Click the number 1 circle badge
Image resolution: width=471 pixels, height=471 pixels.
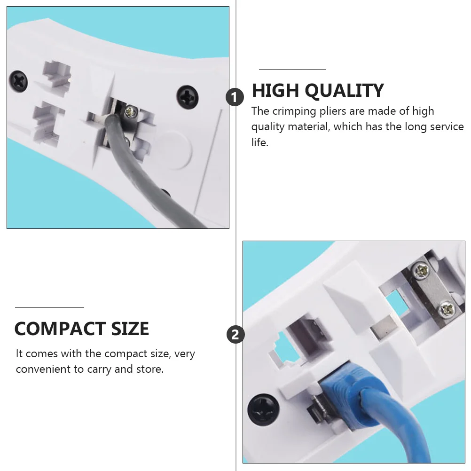[x=235, y=98]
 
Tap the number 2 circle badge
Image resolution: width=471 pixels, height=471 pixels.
[x=235, y=335]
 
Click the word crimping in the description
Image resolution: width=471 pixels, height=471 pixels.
[x=294, y=111]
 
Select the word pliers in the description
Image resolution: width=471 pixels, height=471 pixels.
[x=331, y=112]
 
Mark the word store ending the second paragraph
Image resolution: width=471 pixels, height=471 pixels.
[x=151, y=369]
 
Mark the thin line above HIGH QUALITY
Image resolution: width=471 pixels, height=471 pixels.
[x=292, y=69]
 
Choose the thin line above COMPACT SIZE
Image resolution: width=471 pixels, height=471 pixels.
[x=49, y=307]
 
